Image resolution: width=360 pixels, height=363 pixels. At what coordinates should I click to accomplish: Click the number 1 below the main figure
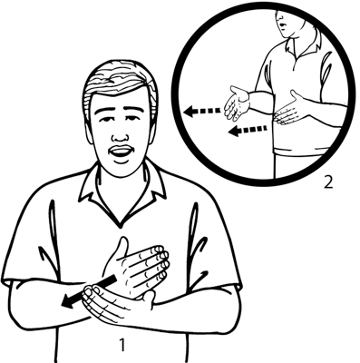pyautogui.click(x=122, y=345)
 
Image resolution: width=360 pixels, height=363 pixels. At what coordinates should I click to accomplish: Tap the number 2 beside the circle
pyautogui.click(x=328, y=181)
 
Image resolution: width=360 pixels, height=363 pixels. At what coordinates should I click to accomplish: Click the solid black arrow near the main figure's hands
pyautogui.click(x=88, y=292)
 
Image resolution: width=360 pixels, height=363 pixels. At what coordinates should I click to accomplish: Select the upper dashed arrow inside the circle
pyautogui.click(x=202, y=111)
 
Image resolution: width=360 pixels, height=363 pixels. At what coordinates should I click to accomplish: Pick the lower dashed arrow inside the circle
pyautogui.click(x=248, y=131)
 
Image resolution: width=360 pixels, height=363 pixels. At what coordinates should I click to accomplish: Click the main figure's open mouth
pyautogui.click(x=121, y=152)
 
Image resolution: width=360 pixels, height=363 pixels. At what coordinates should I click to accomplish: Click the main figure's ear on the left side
pyautogui.click(x=89, y=130)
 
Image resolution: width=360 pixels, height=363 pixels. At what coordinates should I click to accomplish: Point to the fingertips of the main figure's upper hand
pyautogui.click(x=161, y=260)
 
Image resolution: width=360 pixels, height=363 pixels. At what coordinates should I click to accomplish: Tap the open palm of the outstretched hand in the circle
pyautogui.click(x=238, y=103)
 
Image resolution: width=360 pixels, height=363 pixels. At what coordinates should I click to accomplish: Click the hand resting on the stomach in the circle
pyautogui.click(x=290, y=110)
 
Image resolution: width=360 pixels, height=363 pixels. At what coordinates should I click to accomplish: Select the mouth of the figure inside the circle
pyautogui.click(x=281, y=25)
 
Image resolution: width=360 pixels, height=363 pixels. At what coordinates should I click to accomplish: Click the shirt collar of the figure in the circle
pyautogui.click(x=301, y=45)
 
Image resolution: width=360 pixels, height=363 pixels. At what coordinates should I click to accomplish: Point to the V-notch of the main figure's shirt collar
pyautogui.click(x=121, y=225)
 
